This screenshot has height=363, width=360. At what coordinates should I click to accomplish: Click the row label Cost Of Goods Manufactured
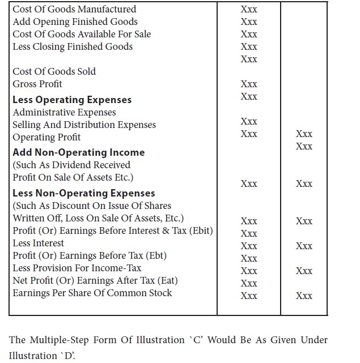click(74, 9)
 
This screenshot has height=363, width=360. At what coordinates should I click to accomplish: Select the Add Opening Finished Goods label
click(75, 22)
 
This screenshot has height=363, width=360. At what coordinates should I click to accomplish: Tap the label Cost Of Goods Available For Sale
click(82, 34)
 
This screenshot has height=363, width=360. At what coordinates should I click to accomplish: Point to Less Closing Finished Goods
click(73, 46)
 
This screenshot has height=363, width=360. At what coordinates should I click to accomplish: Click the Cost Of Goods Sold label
click(54, 71)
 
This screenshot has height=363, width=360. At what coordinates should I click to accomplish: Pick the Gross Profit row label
click(37, 84)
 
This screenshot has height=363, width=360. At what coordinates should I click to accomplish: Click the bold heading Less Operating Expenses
click(72, 100)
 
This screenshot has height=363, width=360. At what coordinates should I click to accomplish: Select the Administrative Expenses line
click(64, 112)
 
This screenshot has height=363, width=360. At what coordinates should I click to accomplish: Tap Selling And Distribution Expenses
click(84, 125)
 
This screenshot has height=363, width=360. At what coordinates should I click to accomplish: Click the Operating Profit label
click(46, 137)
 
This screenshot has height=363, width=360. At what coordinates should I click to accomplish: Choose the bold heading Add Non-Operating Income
click(78, 152)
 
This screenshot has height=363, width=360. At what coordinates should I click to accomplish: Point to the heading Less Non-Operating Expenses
click(83, 193)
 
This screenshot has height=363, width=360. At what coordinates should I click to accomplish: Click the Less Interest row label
click(38, 243)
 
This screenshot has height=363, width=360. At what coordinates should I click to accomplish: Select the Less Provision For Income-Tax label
click(77, 268)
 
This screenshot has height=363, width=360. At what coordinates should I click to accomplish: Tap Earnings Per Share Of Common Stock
click(92, 293)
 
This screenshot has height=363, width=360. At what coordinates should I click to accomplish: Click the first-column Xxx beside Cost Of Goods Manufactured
click(249, 9)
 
